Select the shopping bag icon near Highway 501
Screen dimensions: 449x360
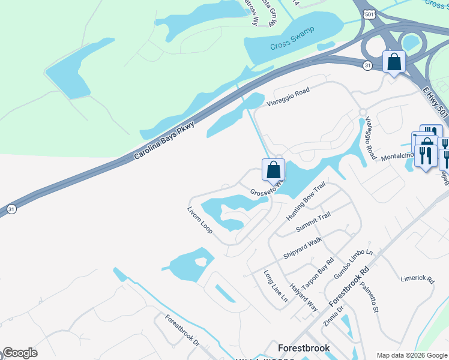coord(394,62)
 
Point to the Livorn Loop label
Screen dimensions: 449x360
coord(200,220)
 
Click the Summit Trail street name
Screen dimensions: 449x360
coord(313,223)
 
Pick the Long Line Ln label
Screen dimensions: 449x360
coord(276,286)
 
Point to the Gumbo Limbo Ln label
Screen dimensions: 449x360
coord(354,263)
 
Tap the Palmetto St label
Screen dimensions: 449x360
coord(369,298)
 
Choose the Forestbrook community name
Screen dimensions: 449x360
coord(304,348)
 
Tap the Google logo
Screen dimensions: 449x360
coord(20,353)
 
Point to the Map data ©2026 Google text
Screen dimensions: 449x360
coord(411,355)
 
